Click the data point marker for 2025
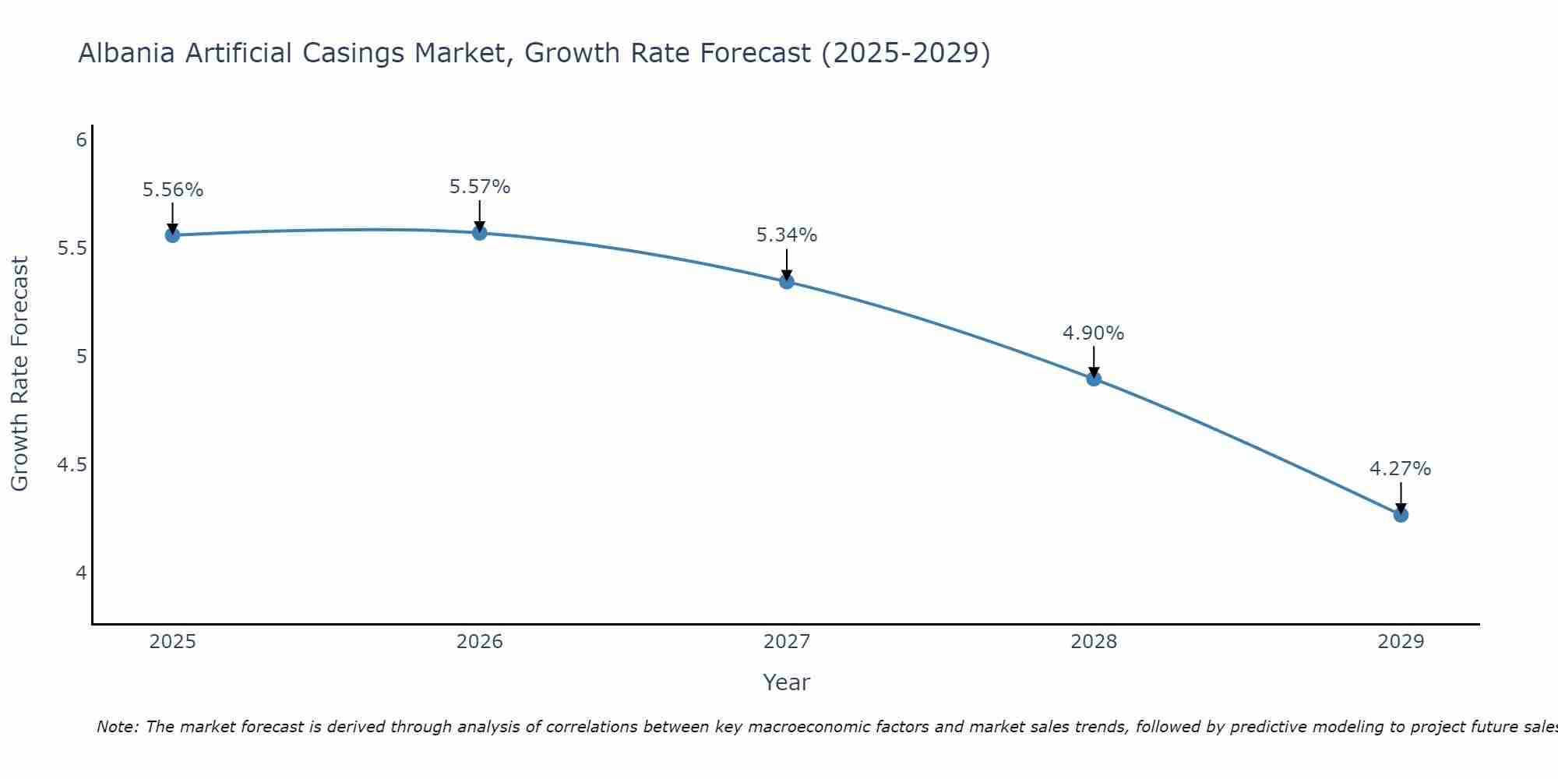(x=172, y=235)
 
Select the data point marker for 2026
(x=479, y=233)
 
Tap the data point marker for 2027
(x=787, y=281)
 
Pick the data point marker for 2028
(x=1094, y=379)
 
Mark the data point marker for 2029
(x=1401, y=515)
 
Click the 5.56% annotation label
(x=173, y=190)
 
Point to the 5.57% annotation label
(x=480, y=187)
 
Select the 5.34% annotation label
(x=787, y=235)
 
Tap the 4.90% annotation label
(x=1094, y=333)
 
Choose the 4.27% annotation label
(x=1401, y=469)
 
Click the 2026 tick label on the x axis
(x=479, y=642)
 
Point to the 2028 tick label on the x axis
(x=1094, y=642)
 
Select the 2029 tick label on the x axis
(x=1401, y=642)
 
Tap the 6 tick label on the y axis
(x=81, y=140)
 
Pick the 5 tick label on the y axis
(x=81, y=357)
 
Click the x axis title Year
(x=787, y=682)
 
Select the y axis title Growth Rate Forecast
(x=20, y=374)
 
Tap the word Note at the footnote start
(x=117, y=727)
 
